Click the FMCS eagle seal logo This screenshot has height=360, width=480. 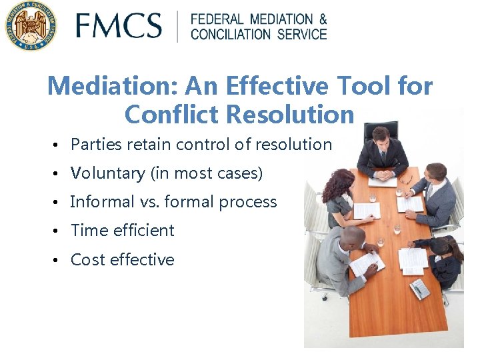[29, 26]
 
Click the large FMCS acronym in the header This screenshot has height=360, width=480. [118, 26]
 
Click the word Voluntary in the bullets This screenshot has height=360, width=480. [107, 173]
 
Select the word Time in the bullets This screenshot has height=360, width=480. [87, 231]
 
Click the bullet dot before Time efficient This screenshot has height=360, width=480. [60, 231]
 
